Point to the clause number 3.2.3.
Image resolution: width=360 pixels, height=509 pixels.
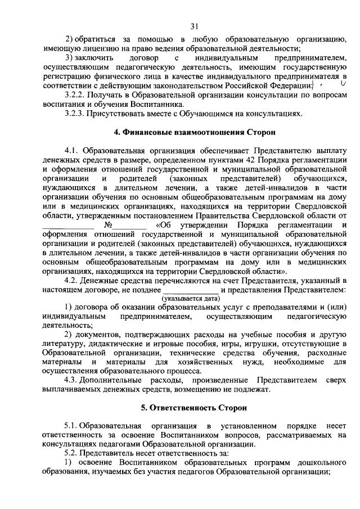coord(74,114)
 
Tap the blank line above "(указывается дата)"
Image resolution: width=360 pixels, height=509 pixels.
coord(191,290)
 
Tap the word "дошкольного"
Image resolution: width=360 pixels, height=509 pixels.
coord(318,462)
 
